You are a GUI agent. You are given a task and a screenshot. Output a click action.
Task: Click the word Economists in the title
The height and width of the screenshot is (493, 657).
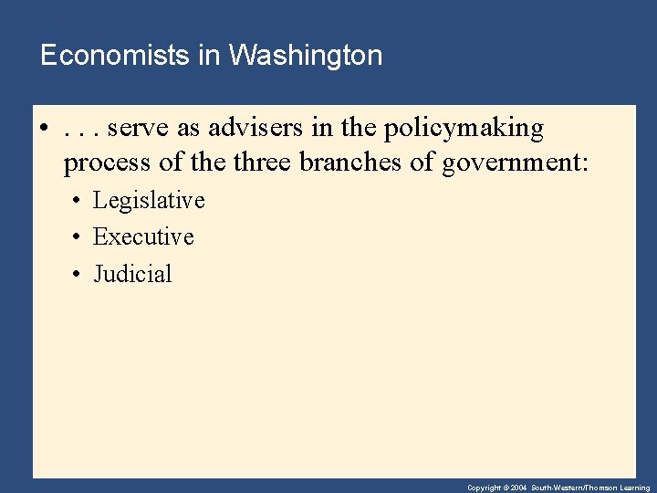pos(116,56)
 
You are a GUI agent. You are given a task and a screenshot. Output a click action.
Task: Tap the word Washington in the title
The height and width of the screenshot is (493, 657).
pos(306,56)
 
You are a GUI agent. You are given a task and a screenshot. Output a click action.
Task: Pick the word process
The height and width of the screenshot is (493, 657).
pos(104,165)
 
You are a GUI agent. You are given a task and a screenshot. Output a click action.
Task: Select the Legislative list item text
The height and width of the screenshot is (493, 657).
pos(149,200)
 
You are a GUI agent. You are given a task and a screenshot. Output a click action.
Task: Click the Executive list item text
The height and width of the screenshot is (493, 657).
pos(143,236)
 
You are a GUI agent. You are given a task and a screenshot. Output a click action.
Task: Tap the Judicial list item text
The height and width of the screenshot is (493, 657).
pos(132,274)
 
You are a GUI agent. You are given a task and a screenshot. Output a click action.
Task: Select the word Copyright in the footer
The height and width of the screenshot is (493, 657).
pos(485,488)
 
